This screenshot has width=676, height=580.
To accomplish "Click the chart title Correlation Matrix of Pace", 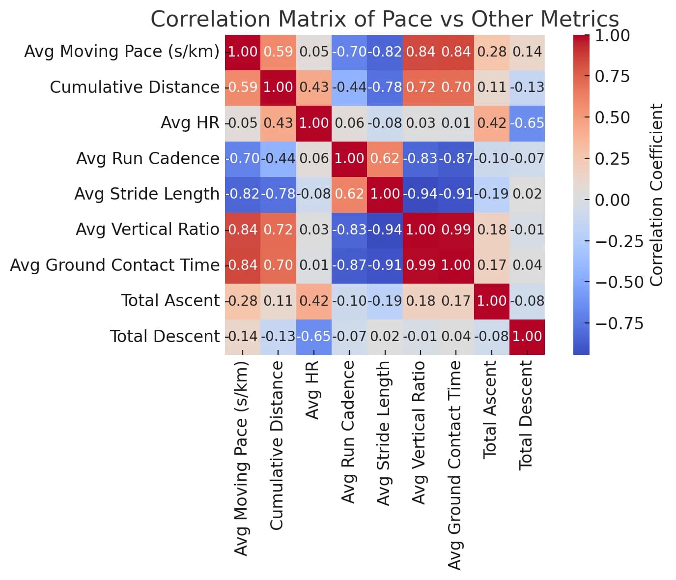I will tap(384, 20).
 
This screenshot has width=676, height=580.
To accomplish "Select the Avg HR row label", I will tap(190, 123).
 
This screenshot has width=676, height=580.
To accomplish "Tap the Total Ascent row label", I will tap(170, 300).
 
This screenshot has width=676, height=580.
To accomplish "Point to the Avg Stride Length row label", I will tap(146, 194).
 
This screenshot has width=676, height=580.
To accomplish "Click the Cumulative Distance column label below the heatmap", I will tap(277, 445).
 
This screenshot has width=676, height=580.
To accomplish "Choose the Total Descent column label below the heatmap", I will tap(526, 415).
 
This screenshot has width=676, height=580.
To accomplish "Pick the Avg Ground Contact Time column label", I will tap(455, 465).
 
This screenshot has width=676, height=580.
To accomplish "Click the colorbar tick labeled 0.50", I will tap(612, 118).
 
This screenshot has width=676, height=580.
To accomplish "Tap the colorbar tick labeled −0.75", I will tap(619, 323).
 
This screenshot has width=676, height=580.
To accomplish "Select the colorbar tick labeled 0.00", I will tap(612, 200).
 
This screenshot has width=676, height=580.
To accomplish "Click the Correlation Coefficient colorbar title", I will tap(657, 195).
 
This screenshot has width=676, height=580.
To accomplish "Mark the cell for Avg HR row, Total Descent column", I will tap(527, 123).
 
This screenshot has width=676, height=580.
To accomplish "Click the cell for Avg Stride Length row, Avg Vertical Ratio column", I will tap(421, 194).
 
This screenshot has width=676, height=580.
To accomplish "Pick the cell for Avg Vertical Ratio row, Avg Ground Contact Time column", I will tap(456, 230).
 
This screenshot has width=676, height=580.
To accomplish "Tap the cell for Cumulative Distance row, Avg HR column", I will tap(314, 87).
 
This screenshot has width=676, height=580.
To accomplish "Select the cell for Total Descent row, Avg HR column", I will tap(314, 336).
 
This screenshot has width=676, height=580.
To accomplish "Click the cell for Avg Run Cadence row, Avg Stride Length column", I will tap(385, 158).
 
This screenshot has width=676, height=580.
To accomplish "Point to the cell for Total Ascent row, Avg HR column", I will tap(314, 300).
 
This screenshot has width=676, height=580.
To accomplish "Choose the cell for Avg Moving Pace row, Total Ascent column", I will tap(492, 52).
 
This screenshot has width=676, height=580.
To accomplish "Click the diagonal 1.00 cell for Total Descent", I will tap(527, 336).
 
